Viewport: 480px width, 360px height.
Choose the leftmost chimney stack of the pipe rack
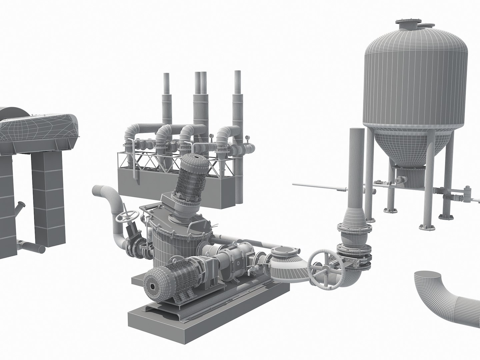(x=166, y=100)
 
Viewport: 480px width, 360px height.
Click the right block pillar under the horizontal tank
(x=49, y=200)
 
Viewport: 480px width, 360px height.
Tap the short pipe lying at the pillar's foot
(x=32, y=247)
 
